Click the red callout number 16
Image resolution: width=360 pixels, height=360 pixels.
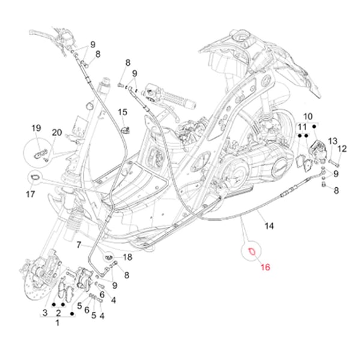[x=266, y=266]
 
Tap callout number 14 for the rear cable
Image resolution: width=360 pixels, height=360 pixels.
[x=269, y=226]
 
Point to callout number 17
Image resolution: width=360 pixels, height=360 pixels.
[x=31, y=194]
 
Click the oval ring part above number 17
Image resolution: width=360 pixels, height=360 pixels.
[x=35, y=177]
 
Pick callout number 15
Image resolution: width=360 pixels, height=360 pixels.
[x=122, y=112]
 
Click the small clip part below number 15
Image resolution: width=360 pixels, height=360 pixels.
[x=125, y=128]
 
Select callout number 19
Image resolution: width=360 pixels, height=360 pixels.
[x=35, y=128]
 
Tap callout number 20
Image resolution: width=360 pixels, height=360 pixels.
[x=57, y=133]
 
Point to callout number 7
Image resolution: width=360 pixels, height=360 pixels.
[x=79, y=245]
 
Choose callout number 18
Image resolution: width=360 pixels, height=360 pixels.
[x=127, y=257]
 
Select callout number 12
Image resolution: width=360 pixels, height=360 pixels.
[x=343, y=149]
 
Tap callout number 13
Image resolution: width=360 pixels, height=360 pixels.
[x=332, y=141]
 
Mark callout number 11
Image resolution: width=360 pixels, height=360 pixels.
[x=303, y=127]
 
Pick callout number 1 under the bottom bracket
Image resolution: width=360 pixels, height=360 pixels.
[x=58, y=323]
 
